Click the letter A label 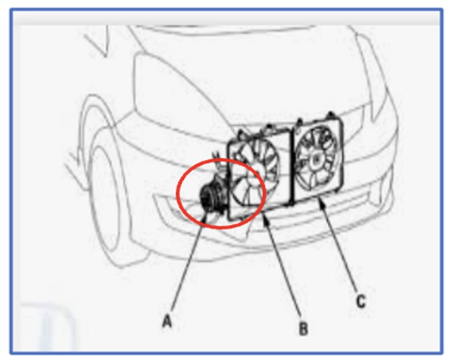tap(167, 321)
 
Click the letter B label tap(303, 329)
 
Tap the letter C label tap(361, 302)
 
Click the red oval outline tap(178, 194)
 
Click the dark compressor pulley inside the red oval tap(207, 196)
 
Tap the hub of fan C tap(317, 159)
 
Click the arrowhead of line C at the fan tap(320, 202)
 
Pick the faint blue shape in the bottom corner tap(48, 326)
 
